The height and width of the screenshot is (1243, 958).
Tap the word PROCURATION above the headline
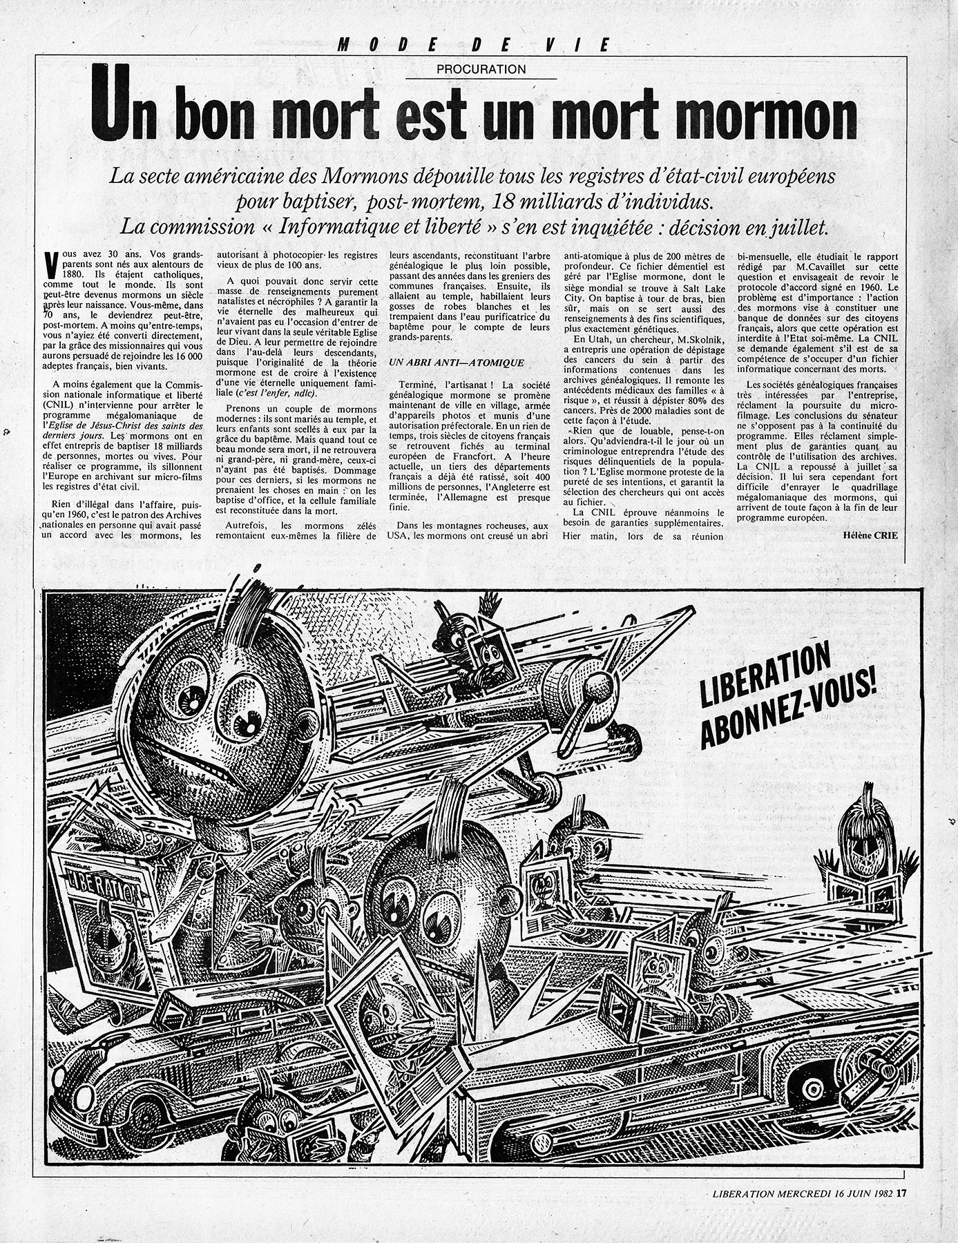coord(481,69)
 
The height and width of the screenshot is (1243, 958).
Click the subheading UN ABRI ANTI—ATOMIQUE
coord(457,363)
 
